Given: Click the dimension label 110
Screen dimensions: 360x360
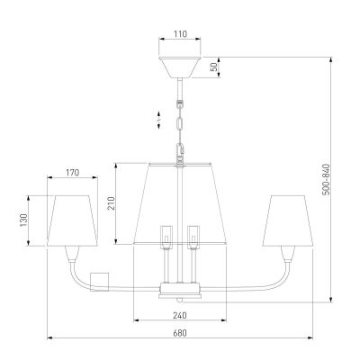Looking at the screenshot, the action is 180,34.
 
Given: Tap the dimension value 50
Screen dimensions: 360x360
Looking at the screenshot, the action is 214,67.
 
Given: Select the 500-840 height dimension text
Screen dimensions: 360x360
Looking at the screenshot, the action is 326,180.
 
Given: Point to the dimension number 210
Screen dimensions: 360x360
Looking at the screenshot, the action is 111,203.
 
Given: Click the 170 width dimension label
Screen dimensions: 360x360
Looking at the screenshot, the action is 72,173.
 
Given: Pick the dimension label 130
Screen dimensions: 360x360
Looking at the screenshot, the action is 23,220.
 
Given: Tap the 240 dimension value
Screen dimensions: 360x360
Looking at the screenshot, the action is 180,315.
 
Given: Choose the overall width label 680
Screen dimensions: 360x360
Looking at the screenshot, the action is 180,333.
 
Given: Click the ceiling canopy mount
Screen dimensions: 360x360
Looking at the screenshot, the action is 180,67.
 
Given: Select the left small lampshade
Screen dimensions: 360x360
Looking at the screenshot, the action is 72,220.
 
